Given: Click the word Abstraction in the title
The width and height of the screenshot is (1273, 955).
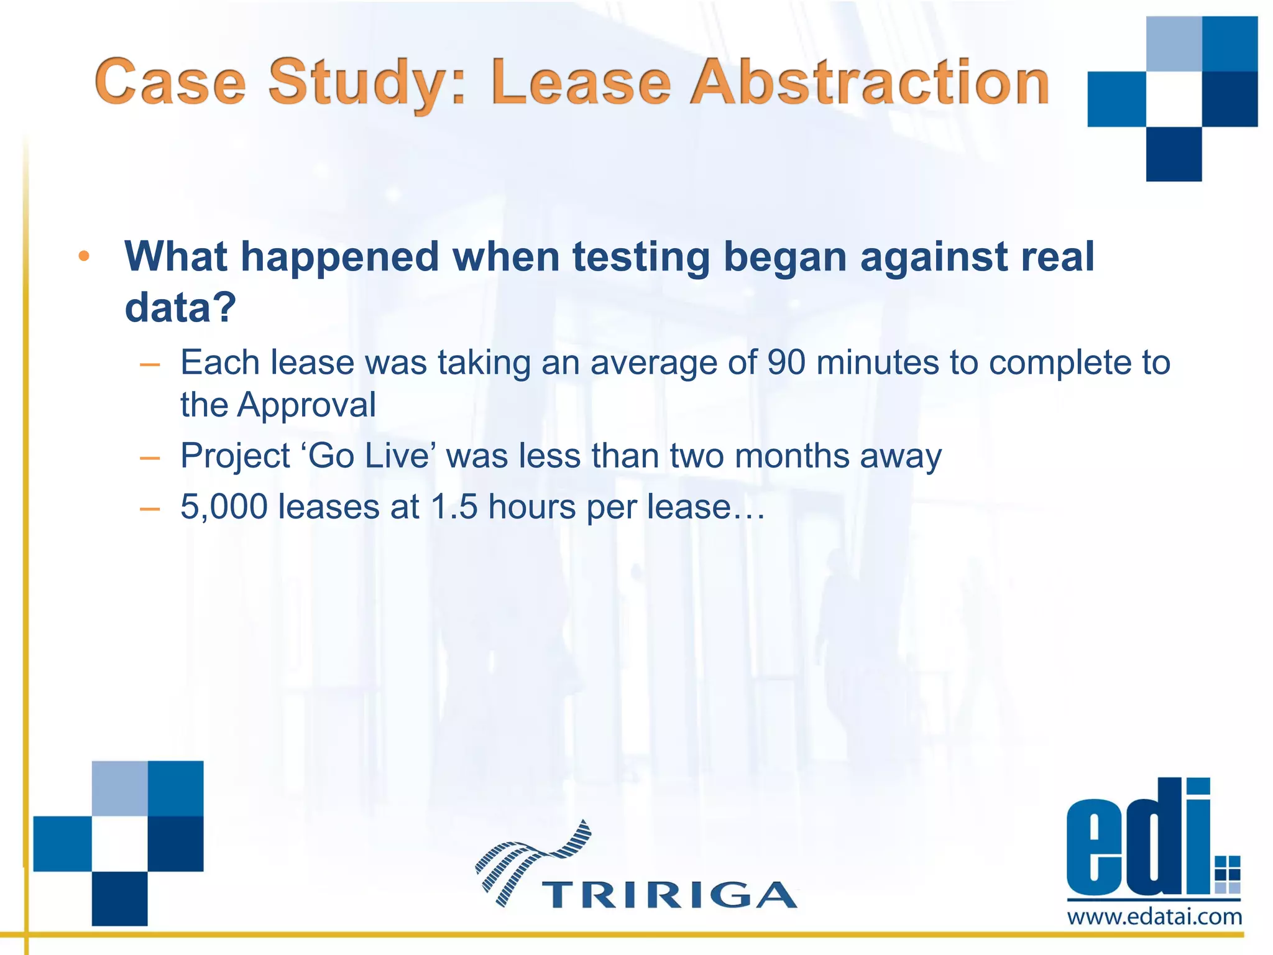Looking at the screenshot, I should [870, 83].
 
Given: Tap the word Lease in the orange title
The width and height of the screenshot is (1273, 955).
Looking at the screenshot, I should [581, 83].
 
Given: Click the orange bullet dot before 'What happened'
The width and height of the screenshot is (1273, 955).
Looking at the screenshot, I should [85, 256].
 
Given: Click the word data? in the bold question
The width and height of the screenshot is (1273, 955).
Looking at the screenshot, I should [180, 307].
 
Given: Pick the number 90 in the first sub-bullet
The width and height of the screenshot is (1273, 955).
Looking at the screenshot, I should [786, 362].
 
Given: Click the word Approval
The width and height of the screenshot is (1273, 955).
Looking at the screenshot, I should [306, 405].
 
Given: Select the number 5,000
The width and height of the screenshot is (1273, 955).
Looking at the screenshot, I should [224, 506].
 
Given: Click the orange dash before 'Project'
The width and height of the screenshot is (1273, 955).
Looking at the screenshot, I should [150, 458].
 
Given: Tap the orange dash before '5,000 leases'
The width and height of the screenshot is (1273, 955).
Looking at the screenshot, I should [150, 509].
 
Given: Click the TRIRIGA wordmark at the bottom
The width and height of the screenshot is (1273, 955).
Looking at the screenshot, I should [669, 895].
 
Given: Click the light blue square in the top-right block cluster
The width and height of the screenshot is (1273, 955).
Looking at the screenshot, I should [1174, 44].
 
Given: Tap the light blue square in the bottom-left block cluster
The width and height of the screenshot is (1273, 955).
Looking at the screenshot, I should [120, 788].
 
